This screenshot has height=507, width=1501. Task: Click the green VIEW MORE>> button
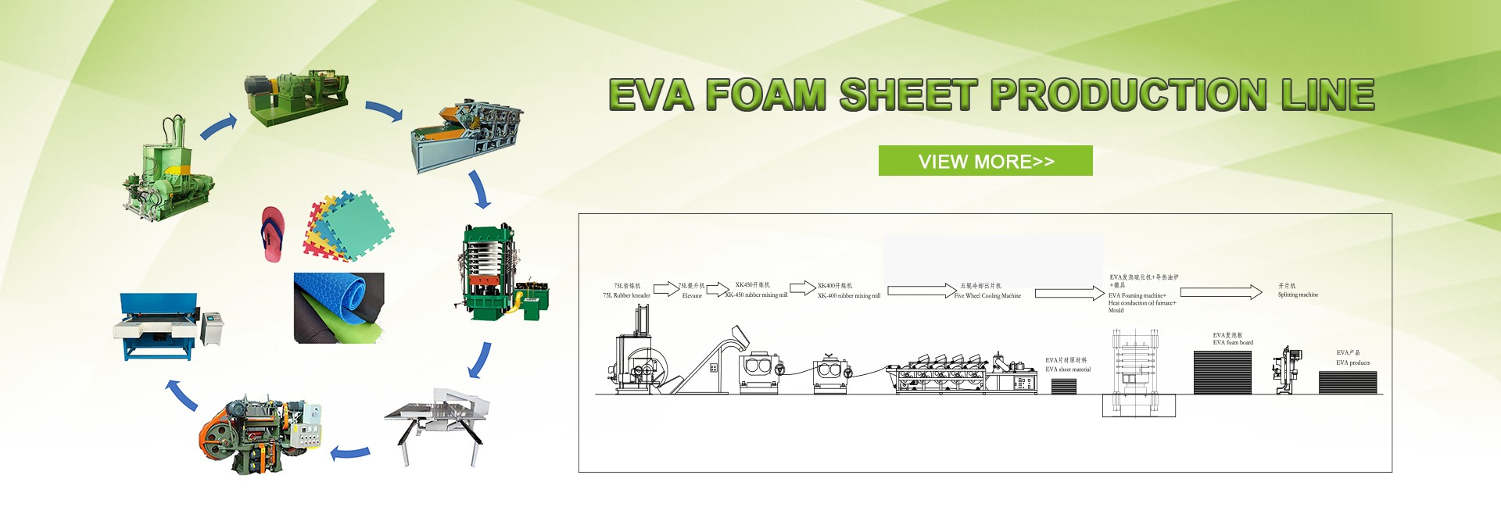pos(985,161)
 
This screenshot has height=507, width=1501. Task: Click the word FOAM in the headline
pos(765,95)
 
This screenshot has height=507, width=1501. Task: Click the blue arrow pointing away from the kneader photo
pos(218,127)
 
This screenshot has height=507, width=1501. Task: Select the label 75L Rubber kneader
pos(626,295)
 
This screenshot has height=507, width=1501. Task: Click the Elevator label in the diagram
pos(692,296)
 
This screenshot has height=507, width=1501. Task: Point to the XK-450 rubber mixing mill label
pos(756,295)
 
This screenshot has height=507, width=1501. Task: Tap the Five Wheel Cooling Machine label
pos(987,296)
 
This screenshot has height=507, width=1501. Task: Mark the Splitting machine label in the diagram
pos(1298,295)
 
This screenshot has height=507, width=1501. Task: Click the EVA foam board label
pos(1233,343)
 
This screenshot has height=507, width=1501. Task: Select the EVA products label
pos(1352,363)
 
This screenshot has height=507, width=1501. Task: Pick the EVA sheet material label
pos(1068,370)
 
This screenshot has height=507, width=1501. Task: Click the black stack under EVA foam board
pos(1222,373)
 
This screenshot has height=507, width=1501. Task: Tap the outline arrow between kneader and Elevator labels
pos(665,289)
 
